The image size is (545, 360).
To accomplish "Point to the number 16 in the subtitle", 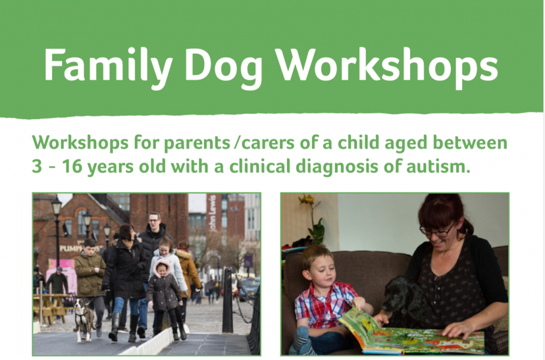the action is point(72,167).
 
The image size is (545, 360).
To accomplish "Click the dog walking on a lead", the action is point(83,318).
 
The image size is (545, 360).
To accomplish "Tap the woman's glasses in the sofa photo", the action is point(436,231).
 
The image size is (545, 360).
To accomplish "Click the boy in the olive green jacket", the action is point(89,279).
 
